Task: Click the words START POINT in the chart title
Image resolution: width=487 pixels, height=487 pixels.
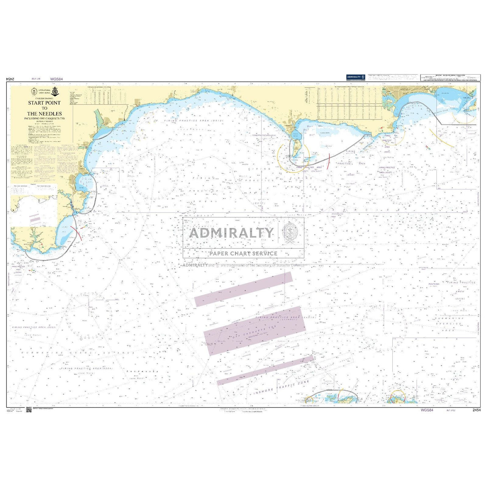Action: pos(44,103)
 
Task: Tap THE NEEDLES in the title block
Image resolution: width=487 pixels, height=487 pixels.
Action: pos(44,114)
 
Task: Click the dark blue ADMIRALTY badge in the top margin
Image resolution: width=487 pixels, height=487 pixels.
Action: pos(355,77)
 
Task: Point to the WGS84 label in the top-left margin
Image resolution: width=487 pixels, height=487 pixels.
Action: pos(57,79)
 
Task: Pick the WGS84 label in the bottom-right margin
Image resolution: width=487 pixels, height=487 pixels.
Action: pos(427,410)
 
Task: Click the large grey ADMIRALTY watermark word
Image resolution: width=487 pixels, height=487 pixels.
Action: pos(231,233)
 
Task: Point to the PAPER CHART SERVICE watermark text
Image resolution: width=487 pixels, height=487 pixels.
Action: pos(243,253)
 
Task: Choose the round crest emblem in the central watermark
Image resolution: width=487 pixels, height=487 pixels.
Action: pos(290,232)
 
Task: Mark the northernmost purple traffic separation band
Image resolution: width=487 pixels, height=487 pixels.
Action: pos(244,289)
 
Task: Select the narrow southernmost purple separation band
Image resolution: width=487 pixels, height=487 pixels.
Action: pos(265,370)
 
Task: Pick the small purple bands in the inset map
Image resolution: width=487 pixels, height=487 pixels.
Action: pos(34,218)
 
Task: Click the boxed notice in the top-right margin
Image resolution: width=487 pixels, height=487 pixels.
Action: pos(449,77)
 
